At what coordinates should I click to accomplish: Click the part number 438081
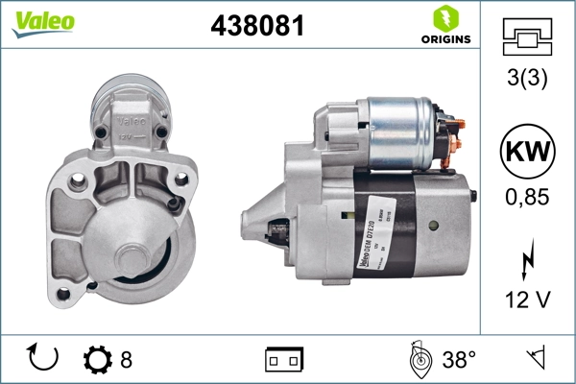click(x=257, y=26)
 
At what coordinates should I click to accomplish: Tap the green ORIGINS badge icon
click(x=444, y=17)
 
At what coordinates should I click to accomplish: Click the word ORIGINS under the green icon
click(x=444, y=39)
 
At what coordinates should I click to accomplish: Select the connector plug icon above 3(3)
click(x=528, y=35)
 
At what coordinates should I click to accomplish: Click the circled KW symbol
click(x=528, y=154)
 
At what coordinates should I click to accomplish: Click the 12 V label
click(x=528, y=300)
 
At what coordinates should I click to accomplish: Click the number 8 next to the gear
click(x=126, y=359)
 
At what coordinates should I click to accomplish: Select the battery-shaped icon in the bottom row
click(x=284, y=359)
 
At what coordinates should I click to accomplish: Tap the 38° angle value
click(x=459, y=359)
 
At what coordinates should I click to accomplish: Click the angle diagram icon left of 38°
click(x=418, y=358)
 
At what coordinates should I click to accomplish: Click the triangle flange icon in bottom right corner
click(x=536, y=359)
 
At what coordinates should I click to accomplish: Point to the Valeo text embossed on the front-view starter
click(x=131, y=122)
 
